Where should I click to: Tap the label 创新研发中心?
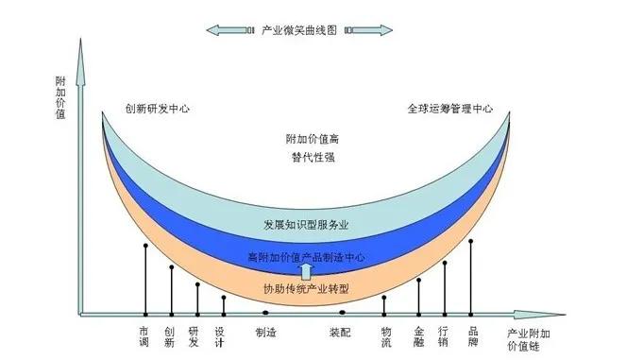pyautogui.click(x=158, y=109)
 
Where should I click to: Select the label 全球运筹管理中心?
pyautogui.click(x=450, y=109)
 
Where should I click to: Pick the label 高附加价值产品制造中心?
pyautogui.click(x=305, y=257)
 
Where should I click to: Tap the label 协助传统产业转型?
pyautogui.click(x=305, y=287)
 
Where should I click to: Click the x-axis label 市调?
pyautogui.click(x=144, y=337)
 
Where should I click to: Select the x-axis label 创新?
pyautogui.click(x=170, y=337)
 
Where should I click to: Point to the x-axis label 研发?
pyautogui.click(x=195, y=337)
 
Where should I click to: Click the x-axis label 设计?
pyautogui.click(x=219, y=337)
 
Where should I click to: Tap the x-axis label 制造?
pyautogui.click(x=265, y=332)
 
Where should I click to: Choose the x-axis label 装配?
pyautogui.click(x=340, y=332)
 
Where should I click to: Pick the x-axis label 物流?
pyautogui.click(x=385, y=337)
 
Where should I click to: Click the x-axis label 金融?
pyautogui.click(x=419, y=337)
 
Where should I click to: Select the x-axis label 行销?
pyautogui.click(x=445, y=337)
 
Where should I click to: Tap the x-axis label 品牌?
pyautogui.click(x=473, y=337)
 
